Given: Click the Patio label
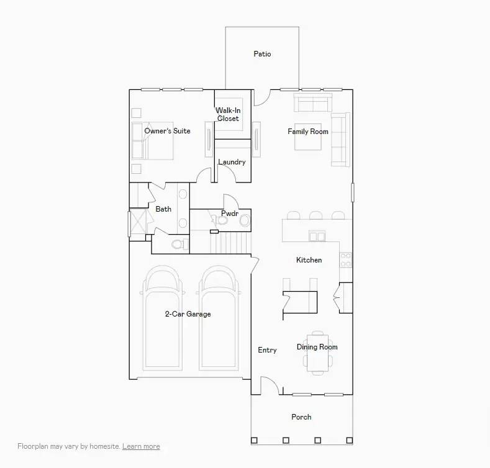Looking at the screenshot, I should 262,54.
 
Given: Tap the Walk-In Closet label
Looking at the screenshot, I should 228,114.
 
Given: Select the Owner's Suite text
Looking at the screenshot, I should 167,131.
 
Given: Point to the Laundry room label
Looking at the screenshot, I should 232,162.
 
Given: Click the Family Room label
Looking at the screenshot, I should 307,132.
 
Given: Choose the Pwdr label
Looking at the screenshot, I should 229,214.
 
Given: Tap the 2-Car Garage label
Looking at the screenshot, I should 188,314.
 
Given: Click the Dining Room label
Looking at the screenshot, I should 317,347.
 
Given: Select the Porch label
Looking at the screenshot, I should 301,417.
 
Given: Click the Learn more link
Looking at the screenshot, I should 141,446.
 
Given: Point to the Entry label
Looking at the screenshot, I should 267,350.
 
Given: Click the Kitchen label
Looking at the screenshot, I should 309,260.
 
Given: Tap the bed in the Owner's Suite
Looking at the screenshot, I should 152,141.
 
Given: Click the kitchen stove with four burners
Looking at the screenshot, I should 345,259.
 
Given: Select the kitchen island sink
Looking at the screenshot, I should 317,236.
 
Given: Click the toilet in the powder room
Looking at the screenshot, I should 244,220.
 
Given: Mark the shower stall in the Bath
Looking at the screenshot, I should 137,222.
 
